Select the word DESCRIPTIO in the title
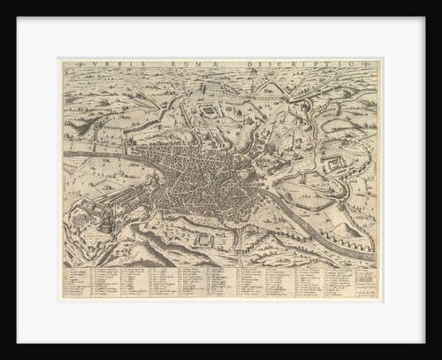297,65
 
